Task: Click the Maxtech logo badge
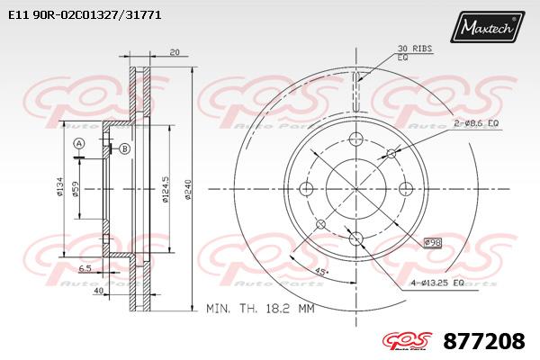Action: pos(487,26)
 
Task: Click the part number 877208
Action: pos(484,341)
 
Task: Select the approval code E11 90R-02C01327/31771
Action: pos(85,15)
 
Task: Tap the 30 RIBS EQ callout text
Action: pos(415,53)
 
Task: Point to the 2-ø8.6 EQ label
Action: pos(476,123)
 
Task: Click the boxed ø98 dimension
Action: pos(433,243)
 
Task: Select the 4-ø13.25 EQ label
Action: pos(437,283)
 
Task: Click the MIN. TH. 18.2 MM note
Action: pos(260,309)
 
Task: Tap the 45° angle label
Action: pos(322,272)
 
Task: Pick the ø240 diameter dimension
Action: pos(188,189)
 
